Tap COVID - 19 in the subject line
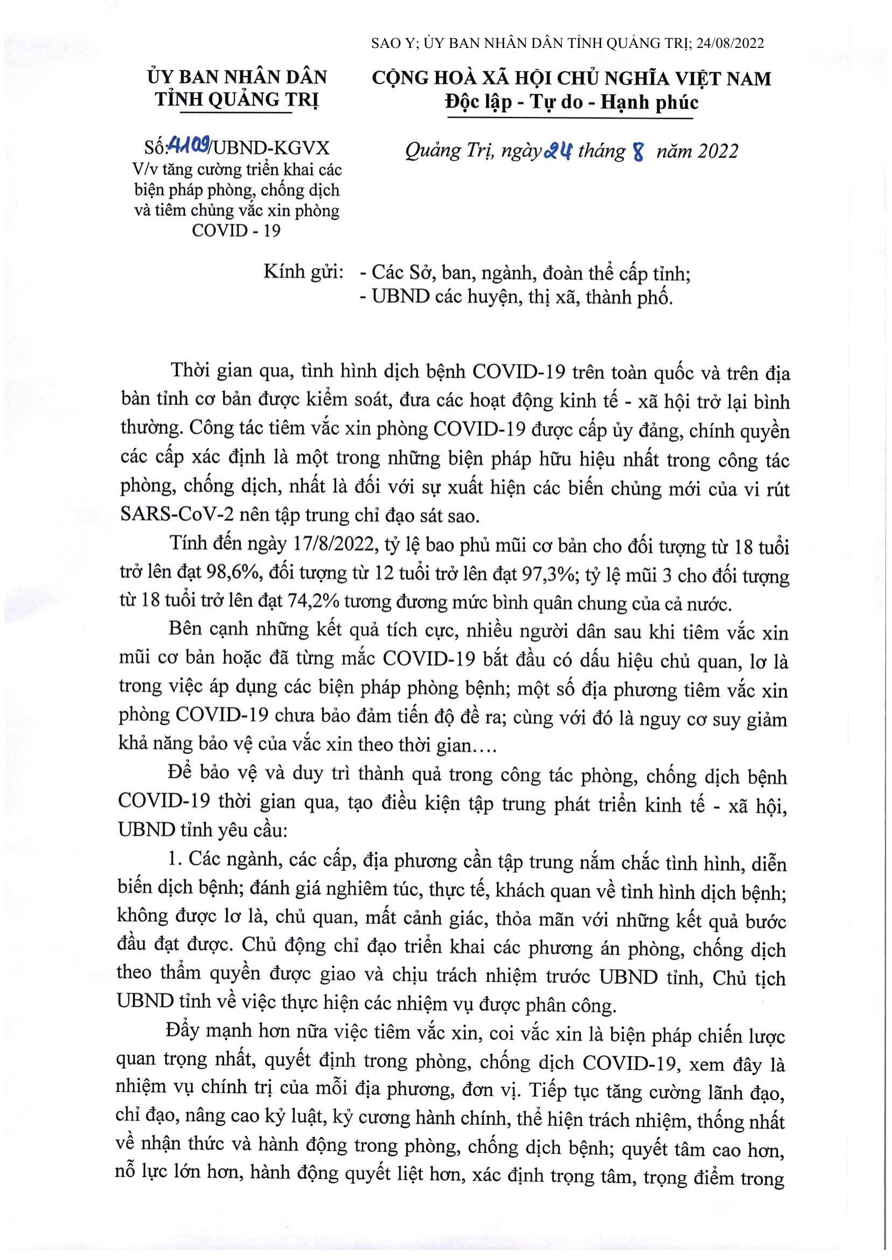tap(236, 230)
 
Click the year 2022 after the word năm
tap(717, 151)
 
